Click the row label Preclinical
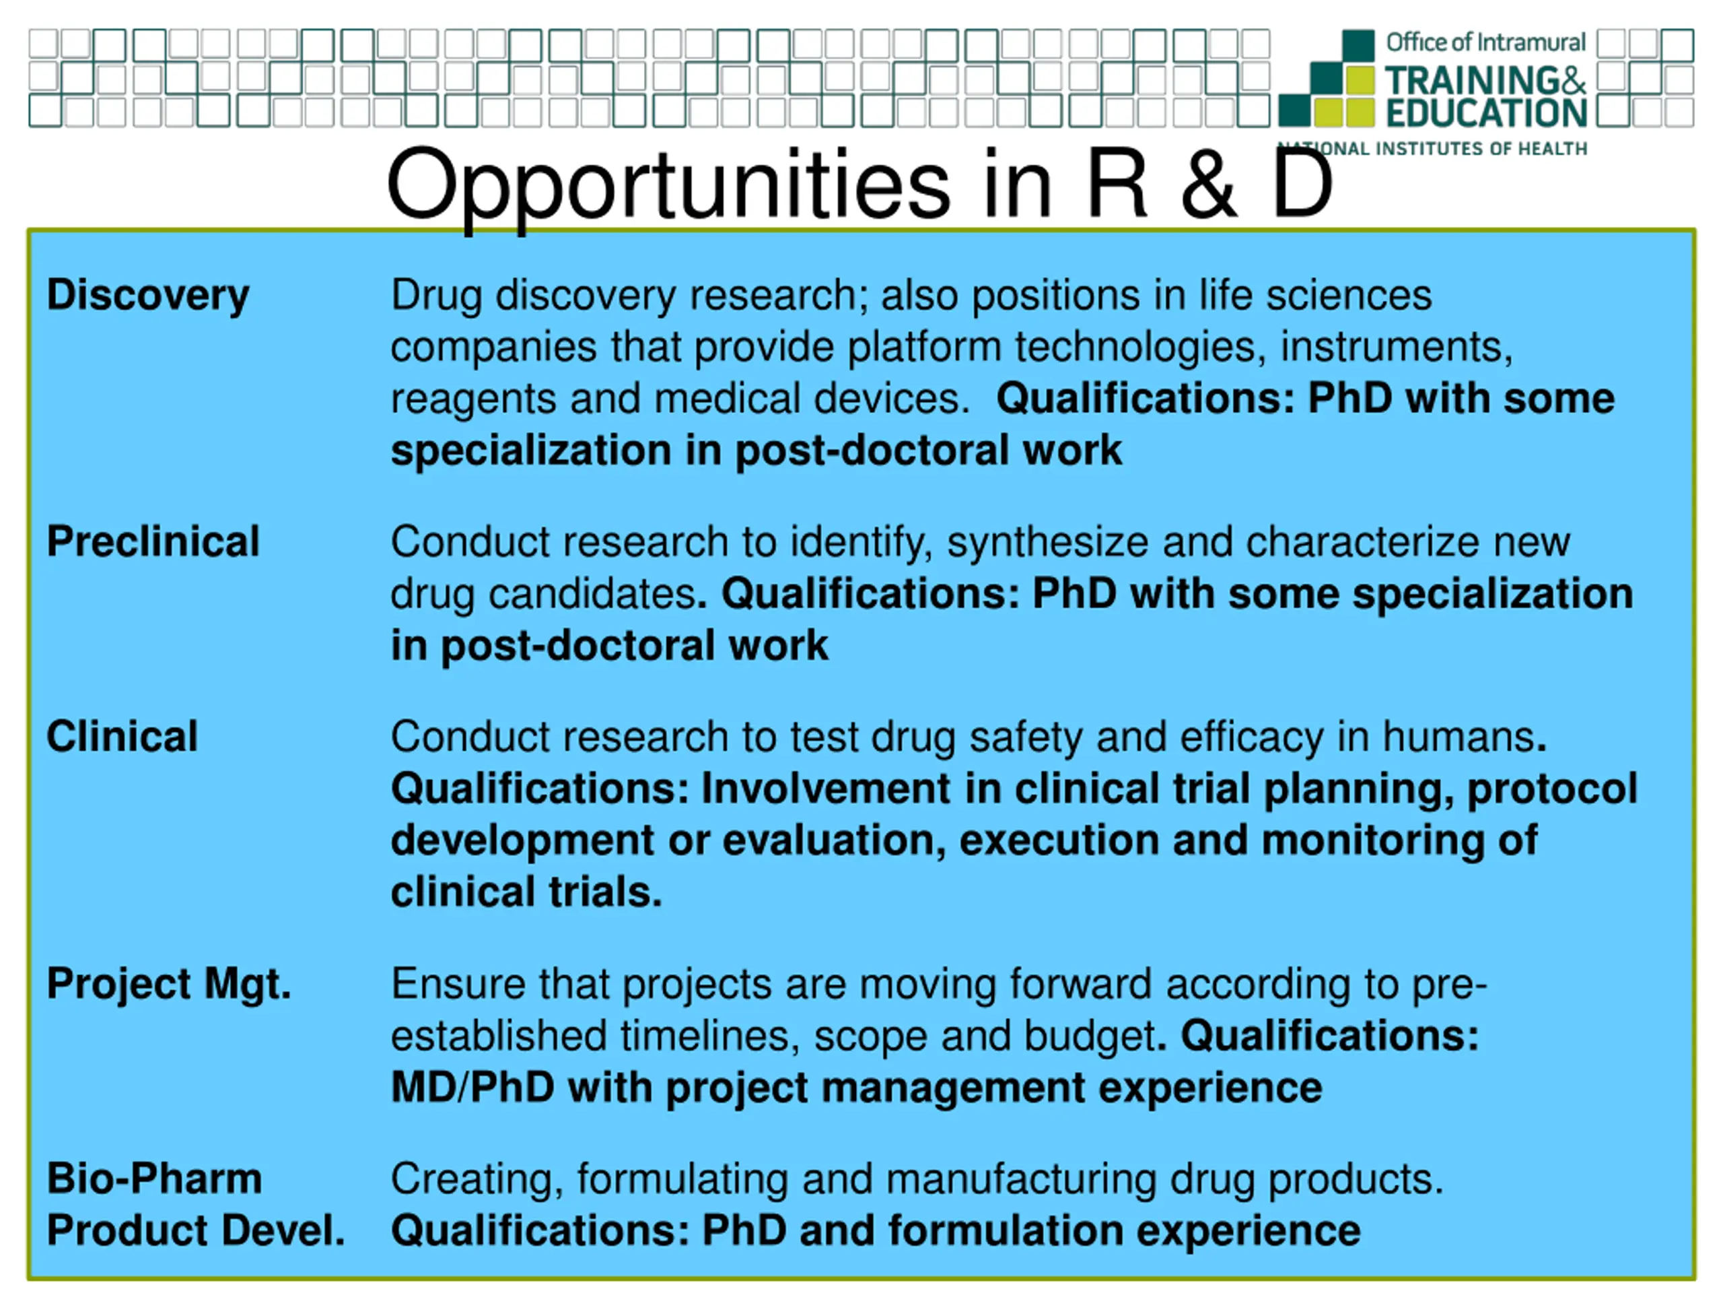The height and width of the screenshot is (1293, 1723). pyautogui.click(x=153, y=541)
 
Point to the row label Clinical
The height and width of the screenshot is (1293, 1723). pyautogui.click(x=122, y=737)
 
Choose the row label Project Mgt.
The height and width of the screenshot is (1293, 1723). pyautogui.click(x=169, y=985)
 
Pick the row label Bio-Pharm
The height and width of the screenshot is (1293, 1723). pyautogui.click(x=154, y=1178)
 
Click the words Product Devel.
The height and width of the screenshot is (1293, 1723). pyautogui.click(x=195, y=1230)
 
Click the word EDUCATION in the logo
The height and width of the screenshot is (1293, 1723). pyautogui.click(x=1486, y=113)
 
